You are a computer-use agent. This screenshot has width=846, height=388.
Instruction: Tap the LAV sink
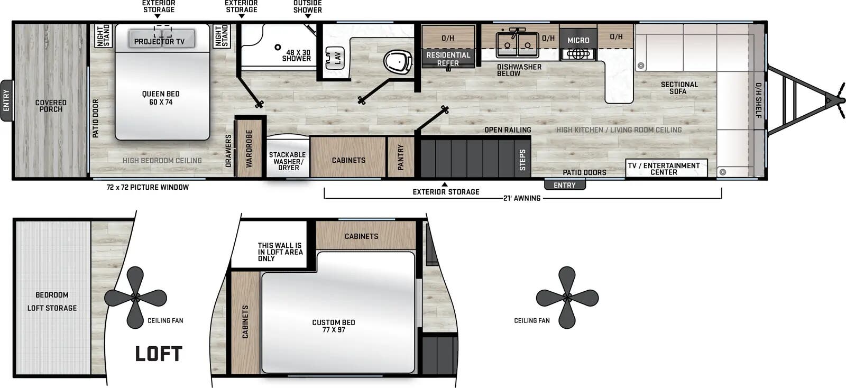click(335, 57)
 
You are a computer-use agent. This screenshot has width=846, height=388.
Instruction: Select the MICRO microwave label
click(578, 40)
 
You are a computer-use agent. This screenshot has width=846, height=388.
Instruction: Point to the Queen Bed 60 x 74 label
click(161, 98)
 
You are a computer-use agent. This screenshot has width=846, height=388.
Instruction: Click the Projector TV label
click(159, 41)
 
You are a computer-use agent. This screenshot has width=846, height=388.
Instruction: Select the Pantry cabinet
click(400, 157)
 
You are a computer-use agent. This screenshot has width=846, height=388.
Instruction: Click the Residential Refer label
click(448, 59)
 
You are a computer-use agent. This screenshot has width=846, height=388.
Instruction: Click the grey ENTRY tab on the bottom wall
click(565, 185)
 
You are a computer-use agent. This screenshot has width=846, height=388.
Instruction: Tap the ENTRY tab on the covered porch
click(6, 100)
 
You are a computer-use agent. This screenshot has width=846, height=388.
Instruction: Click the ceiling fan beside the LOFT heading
click(135, 298)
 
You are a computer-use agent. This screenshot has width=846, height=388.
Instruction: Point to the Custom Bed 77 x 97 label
click(334, 326)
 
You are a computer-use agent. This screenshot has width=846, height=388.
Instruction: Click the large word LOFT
click(159, 354)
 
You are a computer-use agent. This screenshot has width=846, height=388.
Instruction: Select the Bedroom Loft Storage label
click(52, 301)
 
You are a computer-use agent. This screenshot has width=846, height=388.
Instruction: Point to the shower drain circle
click(278, 48)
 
